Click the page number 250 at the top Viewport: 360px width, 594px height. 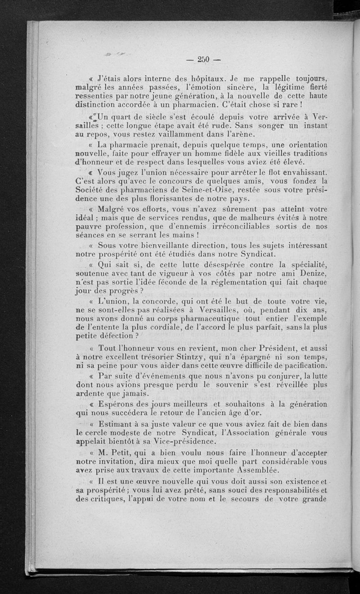(204, 60)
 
